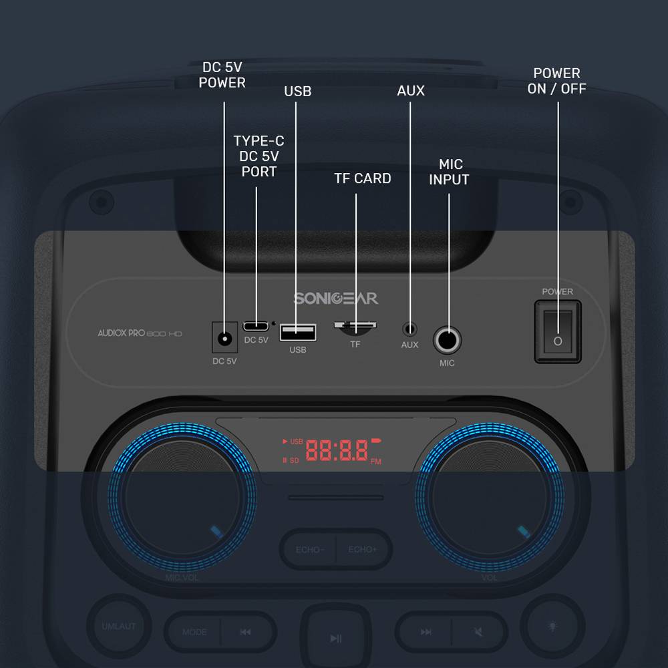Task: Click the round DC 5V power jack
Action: tap(224, 338)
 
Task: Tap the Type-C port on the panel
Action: tap(256, 326)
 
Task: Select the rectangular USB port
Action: tap(298, 331)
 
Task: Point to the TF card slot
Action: tap(355, 327)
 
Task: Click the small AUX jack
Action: tap(410, 329)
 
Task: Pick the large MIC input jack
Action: tap(448, 340)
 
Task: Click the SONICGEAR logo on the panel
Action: tap(335, 298)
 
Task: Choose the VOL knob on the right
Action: tap(490, 497)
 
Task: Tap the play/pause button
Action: tap(335, 638)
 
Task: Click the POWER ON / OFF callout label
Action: tap(556, 81)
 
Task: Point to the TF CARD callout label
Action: tap(363, 178)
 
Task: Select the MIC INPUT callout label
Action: tap(449, 172)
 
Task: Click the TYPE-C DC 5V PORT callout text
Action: tap(259, 156)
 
